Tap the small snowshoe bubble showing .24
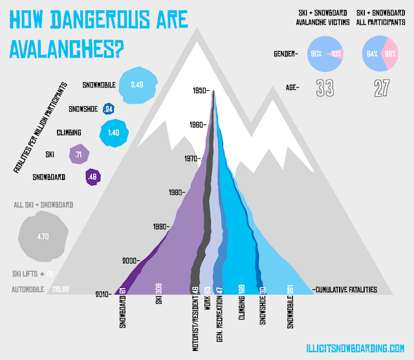pyautogui.click(x=108, y=109)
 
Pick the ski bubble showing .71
pyautogui.click(x=78, y=155)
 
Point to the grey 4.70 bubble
pyautogui.click(x=43, y=236)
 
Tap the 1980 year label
pyautogui.click(x=177, y=192)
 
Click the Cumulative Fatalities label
pyautogui.click(x=344, y=291)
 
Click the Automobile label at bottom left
pyautogui.click(x=27, y=289)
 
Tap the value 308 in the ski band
pyautogui.click(x=158, y=290)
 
